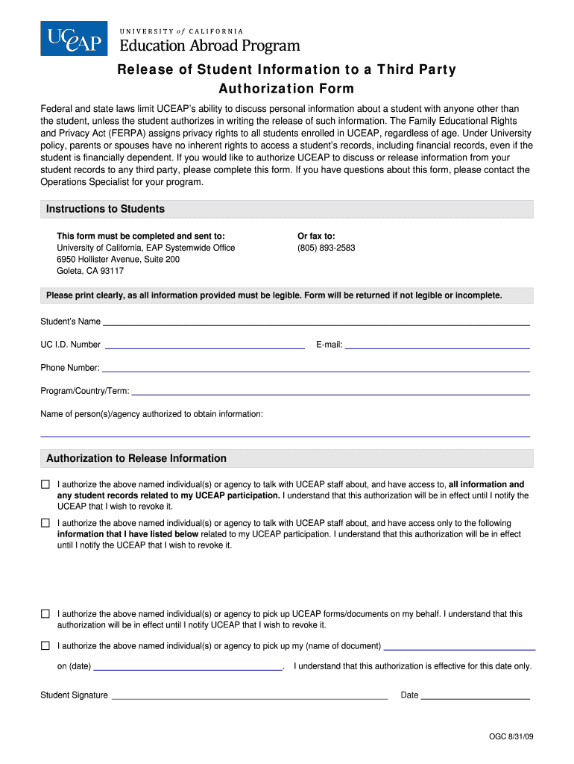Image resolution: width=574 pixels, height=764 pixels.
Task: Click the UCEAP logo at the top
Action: click(74, 38)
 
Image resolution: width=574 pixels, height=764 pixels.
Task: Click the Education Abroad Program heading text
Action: click(209, 46)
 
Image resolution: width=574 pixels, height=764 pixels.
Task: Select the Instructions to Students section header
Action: click(105, 209)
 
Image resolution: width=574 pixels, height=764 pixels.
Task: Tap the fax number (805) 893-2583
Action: click(326, 248)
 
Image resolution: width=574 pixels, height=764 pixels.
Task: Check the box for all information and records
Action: click(45, 484)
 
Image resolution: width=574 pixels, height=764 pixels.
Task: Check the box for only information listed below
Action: click(45, 523)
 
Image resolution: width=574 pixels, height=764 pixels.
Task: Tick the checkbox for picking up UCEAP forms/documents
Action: click(45, 614)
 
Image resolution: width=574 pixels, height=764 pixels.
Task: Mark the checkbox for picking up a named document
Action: click(45, 645)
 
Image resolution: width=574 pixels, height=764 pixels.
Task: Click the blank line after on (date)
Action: click(188, 669)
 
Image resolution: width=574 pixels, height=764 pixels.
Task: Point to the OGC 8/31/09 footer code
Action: click(511, 737)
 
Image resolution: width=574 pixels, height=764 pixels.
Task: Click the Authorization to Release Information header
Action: click(136, 458)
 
